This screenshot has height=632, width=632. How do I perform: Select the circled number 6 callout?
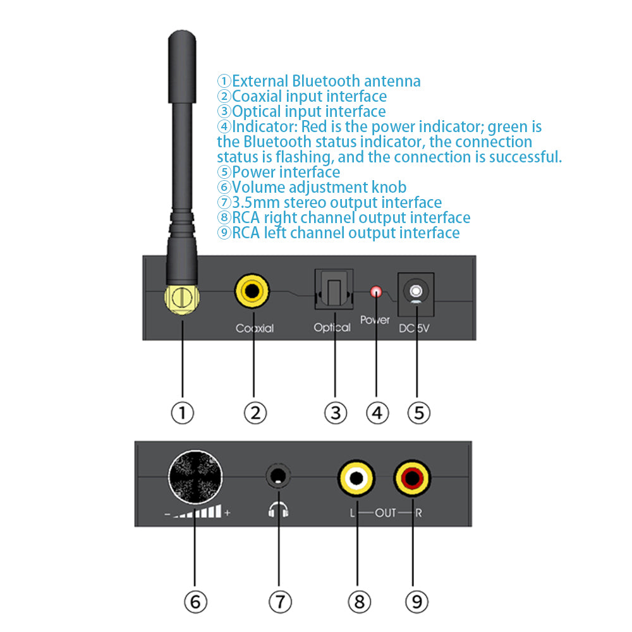[195, 601]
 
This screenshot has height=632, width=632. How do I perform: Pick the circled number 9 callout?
[416, 601]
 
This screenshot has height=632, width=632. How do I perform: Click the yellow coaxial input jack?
[253, 291]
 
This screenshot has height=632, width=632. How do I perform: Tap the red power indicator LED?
[377, 292]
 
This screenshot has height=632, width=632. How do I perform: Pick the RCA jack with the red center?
[412, 478]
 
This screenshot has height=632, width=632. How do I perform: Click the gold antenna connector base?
[181, 297]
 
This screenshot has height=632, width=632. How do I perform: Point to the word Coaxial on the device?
[254, 328]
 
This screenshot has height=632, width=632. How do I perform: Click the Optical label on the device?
[332, 327]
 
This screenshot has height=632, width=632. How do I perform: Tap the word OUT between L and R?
[385, 513]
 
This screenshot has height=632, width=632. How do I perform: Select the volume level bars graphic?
[198, 512]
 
